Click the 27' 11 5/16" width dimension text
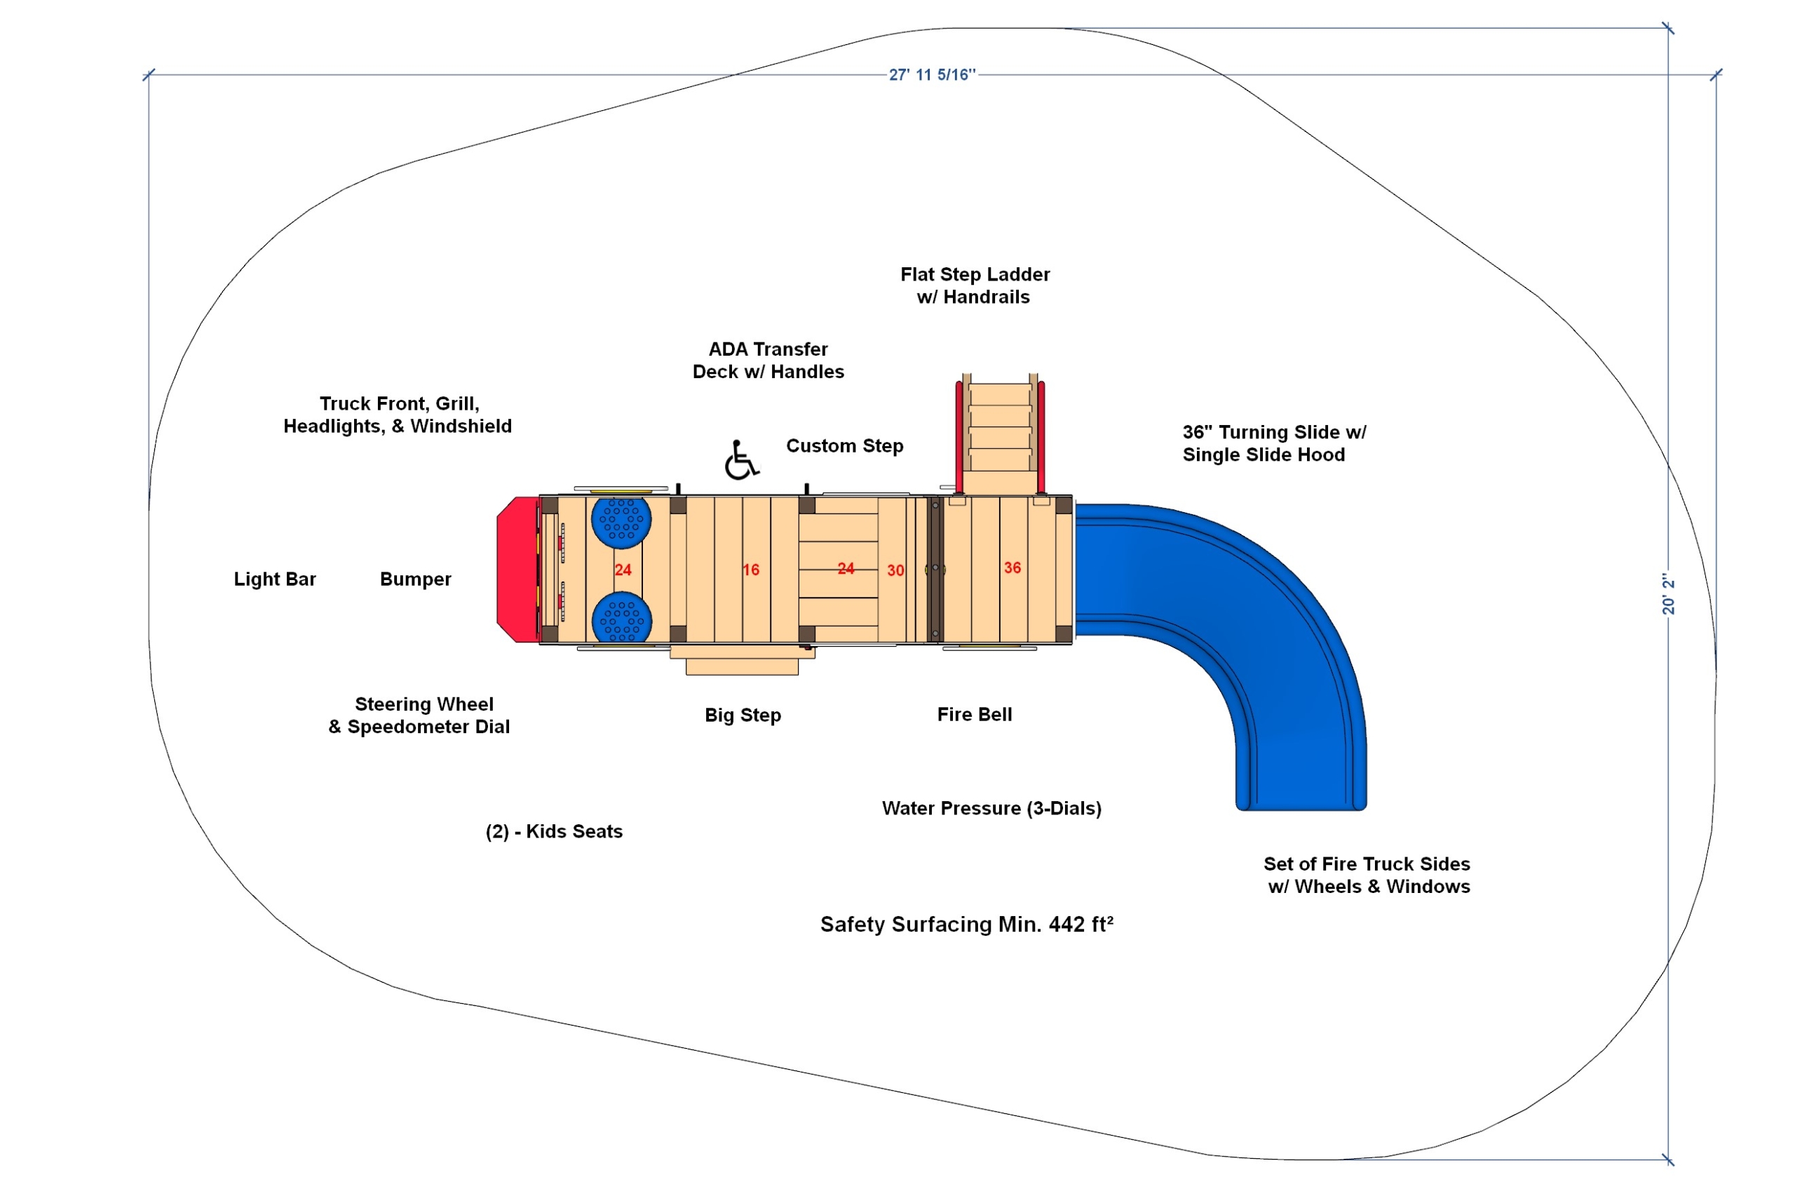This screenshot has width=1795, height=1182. pos(932,74)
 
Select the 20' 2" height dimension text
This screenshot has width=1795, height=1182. pos(1669,593)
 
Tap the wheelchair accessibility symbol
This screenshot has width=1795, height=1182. pos(741,460)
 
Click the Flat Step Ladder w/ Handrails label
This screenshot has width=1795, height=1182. pos(975,286)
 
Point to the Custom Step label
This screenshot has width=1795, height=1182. pos(845,446)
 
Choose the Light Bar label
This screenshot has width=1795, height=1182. pos(275,579)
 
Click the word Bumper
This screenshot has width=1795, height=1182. pos(416,579)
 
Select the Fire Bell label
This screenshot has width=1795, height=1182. pos(975,714)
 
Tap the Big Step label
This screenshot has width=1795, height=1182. pos(743,715)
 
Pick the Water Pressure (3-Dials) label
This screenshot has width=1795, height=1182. pos(991,809)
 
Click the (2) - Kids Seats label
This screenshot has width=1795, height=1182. pos(555,831)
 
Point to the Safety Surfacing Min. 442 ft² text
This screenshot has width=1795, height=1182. pos(967,924)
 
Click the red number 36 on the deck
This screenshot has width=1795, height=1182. pos(1012,568)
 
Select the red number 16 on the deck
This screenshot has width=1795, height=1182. pos(750,570)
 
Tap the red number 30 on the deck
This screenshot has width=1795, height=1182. pos(895,571)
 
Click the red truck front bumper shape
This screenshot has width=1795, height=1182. pos(517,570)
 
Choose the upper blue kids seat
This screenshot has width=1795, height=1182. pos(621,521)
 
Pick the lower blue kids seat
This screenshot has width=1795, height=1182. pos(621,618)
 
